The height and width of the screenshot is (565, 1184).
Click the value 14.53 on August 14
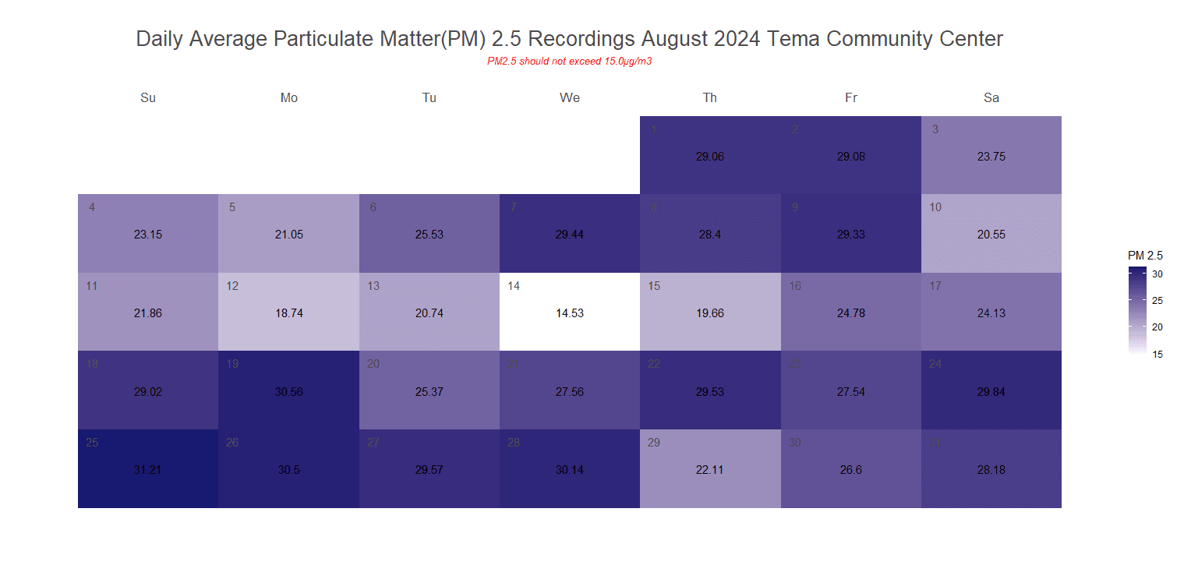click(569, 313)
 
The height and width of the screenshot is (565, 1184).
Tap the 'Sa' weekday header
click(991, 98)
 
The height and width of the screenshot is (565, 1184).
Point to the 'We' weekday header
click(569, 98)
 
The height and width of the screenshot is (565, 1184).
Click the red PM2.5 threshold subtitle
click(569, 62)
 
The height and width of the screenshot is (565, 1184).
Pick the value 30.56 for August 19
click(288, 392)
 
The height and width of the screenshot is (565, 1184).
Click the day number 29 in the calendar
click(654, 443)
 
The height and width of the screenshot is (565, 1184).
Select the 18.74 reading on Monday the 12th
click(288, 313)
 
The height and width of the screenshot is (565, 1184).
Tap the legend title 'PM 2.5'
click(1145, 256)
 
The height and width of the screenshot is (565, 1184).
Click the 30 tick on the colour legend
click(1157, 274)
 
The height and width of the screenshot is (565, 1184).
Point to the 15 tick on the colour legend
click(1157, 354)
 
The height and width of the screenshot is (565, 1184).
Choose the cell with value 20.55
click(991, 234)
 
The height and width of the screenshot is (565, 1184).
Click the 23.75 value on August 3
click(991, 156)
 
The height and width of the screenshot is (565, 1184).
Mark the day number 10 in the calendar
click(935, 207)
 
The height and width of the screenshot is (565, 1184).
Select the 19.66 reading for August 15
click(709, 313)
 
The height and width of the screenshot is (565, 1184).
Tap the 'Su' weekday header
click(148, 98)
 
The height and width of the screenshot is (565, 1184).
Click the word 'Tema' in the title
click(793, 39)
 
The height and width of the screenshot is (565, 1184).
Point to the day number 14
click(514, 286)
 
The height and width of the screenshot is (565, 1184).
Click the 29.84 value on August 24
click(991, 392)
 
